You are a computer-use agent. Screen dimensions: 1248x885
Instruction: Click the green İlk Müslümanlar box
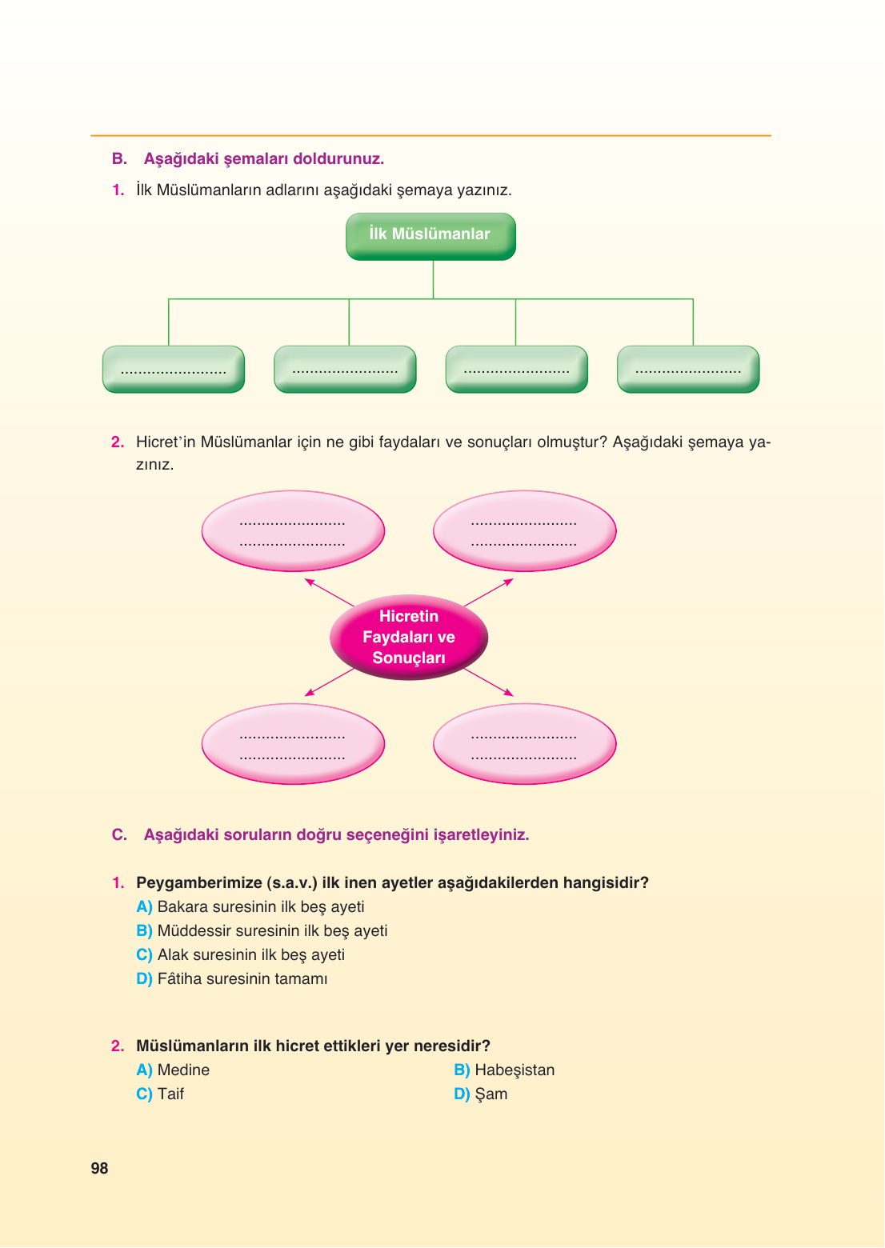click(x=430, y=236)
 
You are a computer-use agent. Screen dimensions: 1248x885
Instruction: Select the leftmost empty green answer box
click(x=174, y=370)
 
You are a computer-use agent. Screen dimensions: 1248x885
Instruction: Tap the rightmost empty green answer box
click(x=688, y=370)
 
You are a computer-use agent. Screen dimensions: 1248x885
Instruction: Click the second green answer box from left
click(x=345, y=370)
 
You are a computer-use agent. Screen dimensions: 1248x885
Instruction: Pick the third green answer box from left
click(x=517, y=370)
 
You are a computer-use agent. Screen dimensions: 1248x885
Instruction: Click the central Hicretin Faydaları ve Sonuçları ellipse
click(x=409, y=638)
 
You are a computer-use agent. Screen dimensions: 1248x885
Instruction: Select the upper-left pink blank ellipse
click(x=293, y=531)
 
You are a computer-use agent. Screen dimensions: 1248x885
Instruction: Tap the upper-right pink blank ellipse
click(x=525, y=531)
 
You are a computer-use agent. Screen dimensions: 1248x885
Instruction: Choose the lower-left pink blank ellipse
click(x=293, y=744)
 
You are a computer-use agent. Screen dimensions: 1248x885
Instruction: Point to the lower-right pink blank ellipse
click(x=525, y=744)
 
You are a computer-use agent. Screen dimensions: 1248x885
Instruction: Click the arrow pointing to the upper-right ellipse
click(x=489, y=592)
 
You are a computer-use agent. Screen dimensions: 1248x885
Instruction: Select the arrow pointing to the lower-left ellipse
click(x=329, y=682)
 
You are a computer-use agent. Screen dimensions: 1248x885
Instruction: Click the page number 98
click(x=99, y=1168)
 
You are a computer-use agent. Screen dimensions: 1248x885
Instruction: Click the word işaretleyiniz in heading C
click(x=481, y=835)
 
